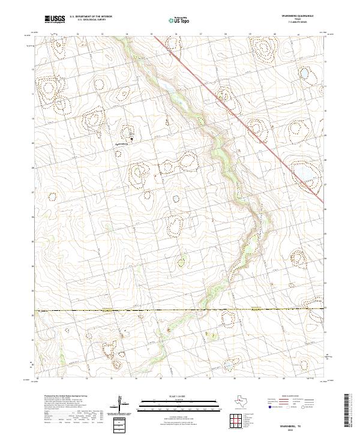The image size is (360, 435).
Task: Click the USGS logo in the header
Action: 55,19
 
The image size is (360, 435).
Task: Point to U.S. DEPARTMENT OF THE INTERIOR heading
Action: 91,17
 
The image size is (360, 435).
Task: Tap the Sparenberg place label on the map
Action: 122,145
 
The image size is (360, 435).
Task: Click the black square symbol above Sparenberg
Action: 133,139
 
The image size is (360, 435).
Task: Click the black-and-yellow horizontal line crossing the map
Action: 180,310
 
